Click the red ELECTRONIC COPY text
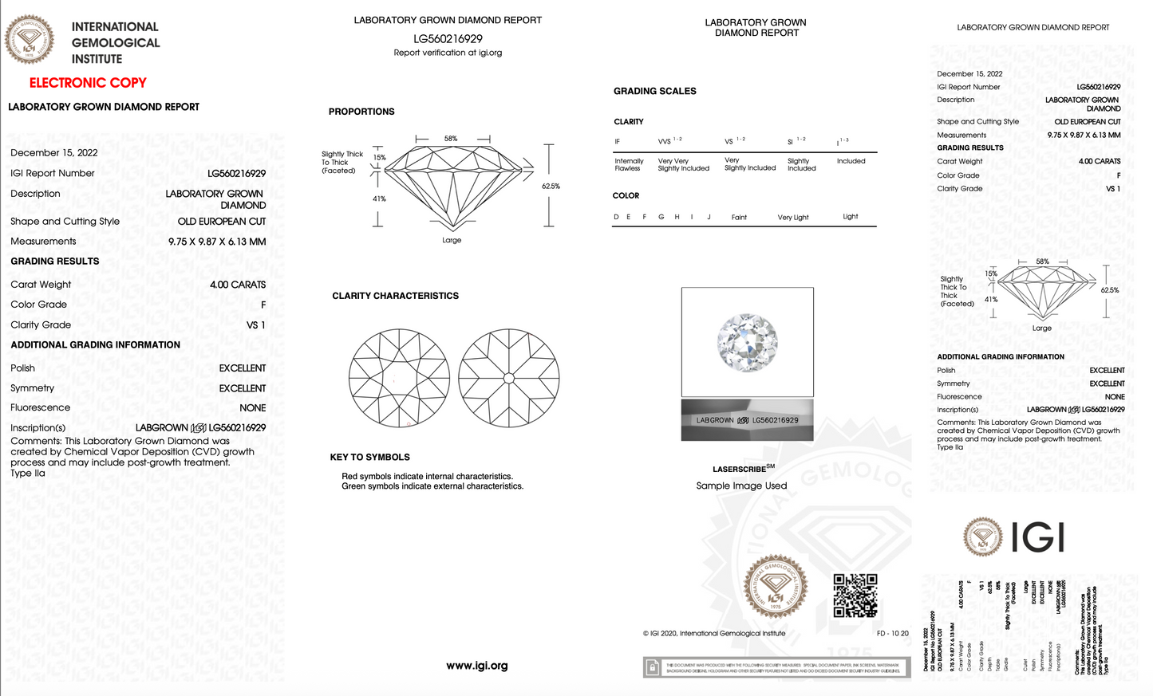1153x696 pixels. click(x=88, y=83)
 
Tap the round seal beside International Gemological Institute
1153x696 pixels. click(x=30, y=39)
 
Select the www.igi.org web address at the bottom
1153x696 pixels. click(x=476, y=666)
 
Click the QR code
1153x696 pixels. click(x=855, y=596)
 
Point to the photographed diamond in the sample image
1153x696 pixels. click(x=747, y=343)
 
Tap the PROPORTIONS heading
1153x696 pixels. click(x=361, y=112)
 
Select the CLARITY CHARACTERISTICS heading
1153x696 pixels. click(x=395, y=296)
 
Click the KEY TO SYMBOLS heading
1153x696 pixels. click(x=369, y=458)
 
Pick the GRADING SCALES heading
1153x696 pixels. click(x=654, y=92)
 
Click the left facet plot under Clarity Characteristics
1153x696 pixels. click(x=399, y=378)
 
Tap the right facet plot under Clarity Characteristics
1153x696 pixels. click(x=509, y=378)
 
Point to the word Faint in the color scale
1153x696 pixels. click(x=739, y=218)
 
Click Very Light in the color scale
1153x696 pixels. click(x=792, y=218)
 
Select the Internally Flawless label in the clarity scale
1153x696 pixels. click(x=629, y=165)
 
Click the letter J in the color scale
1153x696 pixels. click(x=709, y=217)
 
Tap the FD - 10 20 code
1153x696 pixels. click(x=892, y=634)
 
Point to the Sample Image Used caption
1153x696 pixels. click(x=741, y=486)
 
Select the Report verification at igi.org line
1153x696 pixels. click(x=448, y=53)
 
